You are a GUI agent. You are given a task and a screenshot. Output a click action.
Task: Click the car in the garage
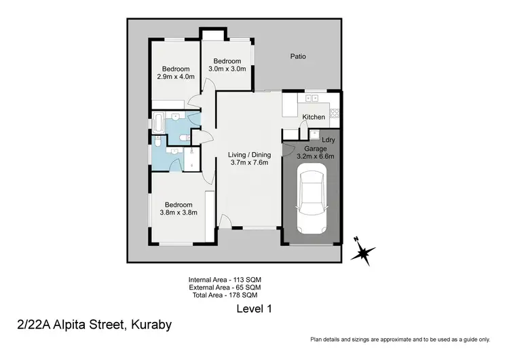pos(312,200)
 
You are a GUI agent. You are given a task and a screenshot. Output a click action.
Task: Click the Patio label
pos(298,56)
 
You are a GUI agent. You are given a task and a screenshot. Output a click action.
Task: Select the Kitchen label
pos(314,117)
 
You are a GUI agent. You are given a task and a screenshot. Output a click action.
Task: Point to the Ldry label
pos(328,141)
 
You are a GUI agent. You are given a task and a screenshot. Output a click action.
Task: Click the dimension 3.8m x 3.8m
pos(178,213)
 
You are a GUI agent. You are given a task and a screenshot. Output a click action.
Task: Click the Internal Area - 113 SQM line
pos(225,279)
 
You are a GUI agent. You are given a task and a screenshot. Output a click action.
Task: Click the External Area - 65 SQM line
pos(225,287)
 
